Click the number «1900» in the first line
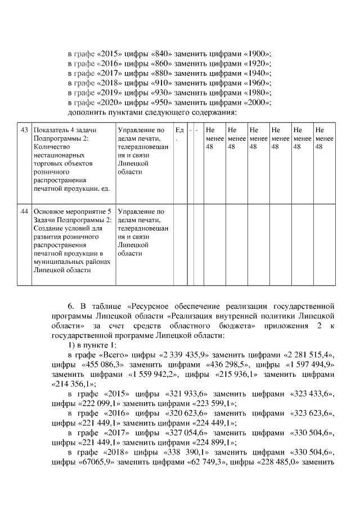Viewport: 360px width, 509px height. pos(257,53)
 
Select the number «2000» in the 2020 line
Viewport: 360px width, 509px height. pos(257,102)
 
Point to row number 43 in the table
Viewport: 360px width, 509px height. pos(24,130)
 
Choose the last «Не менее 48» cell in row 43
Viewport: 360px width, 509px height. pos(323,138)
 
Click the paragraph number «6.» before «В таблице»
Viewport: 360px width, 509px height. pos(71,307)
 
